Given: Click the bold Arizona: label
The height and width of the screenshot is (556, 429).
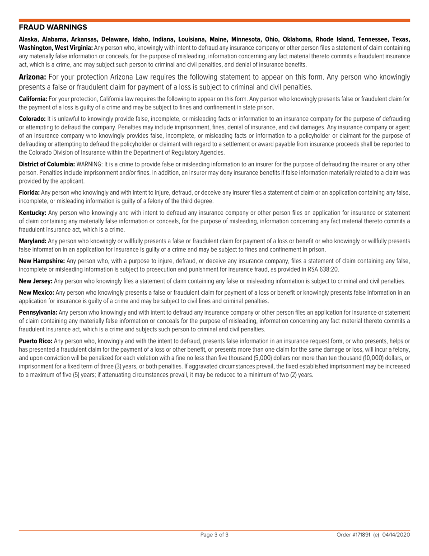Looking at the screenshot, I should (x=32, y=77).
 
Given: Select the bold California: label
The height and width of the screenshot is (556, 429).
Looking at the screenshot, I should (x=33, y=99).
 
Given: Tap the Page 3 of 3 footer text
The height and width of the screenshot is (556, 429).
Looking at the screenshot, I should (x=214, y=535).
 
